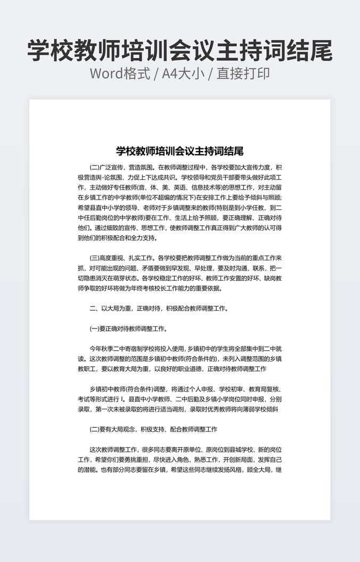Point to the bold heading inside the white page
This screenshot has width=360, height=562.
[x=180, y=151]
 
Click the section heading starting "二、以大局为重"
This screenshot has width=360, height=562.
[x=159, y=308]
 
